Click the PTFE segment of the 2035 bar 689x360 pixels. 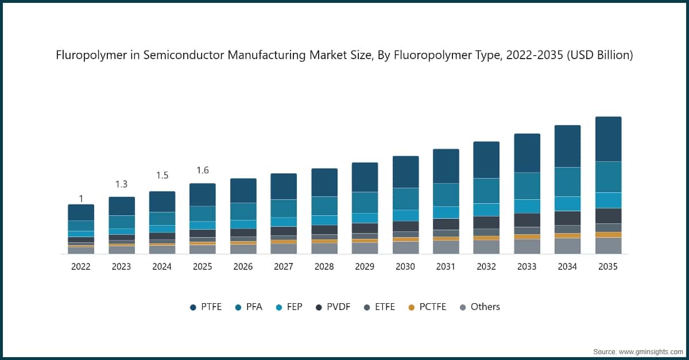[608, 139]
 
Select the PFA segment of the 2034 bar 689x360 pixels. [567, 181]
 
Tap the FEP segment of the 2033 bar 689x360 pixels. [527, 206]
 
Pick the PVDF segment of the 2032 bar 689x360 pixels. [486, 222]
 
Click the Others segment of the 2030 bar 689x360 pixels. [405, 247]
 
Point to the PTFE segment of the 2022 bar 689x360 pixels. [81, 212]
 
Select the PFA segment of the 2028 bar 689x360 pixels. [324, 206]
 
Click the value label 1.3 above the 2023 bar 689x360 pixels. [121, 184]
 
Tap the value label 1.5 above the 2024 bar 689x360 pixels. [162, 175]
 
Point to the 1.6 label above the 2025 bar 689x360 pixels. [202, 171]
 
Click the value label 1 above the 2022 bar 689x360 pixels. [81, 199]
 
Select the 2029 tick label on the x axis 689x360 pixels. [365, 266]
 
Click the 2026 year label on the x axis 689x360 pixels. [243, 266]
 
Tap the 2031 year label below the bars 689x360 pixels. [446, 266]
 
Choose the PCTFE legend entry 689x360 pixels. [428, 307]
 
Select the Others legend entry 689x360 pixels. [479, 307]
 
